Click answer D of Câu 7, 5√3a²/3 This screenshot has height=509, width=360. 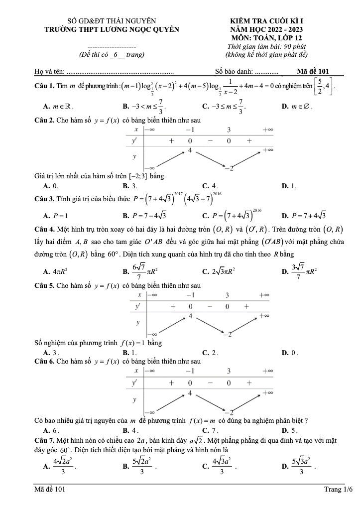298,466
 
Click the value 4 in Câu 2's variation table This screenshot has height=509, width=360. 190,150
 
